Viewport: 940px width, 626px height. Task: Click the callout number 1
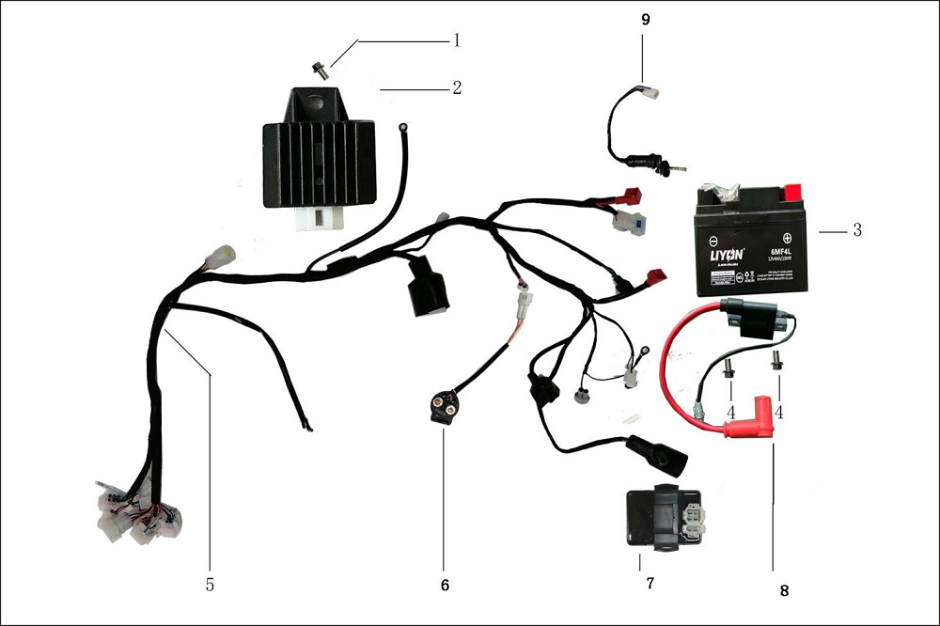456,40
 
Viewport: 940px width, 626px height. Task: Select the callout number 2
456,88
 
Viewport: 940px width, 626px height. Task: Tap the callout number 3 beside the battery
856,230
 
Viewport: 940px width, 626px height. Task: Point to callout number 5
210,585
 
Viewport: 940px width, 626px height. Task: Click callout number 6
445,585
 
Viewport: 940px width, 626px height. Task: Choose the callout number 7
649,583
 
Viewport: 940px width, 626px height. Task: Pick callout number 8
784,591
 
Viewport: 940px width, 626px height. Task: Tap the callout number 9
643,19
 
